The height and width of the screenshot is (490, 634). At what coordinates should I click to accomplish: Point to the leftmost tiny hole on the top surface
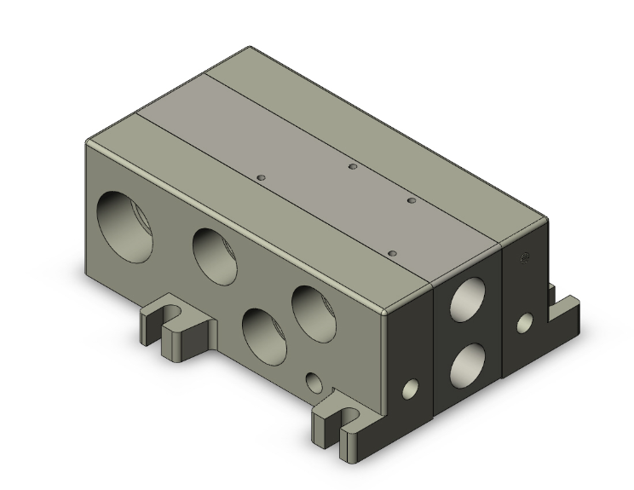262,176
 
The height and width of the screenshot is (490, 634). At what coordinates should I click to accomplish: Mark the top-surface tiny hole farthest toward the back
350,166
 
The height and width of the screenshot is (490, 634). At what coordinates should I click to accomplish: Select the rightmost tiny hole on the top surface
411,200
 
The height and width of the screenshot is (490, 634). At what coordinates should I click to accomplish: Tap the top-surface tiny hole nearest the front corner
392,253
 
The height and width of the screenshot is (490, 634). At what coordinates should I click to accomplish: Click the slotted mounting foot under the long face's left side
175,329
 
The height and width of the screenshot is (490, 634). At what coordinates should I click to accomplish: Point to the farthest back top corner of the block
250,48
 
